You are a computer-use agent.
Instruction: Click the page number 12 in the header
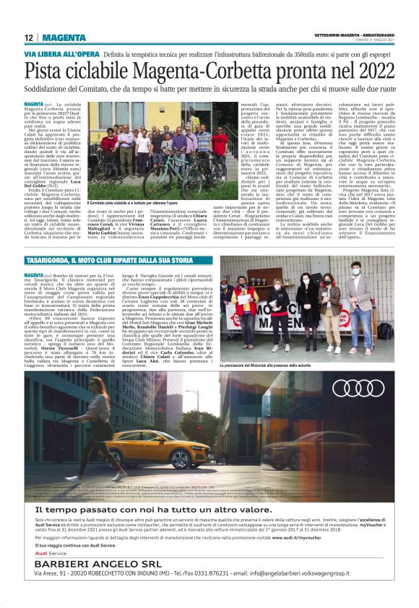click(x=29, y=38)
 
